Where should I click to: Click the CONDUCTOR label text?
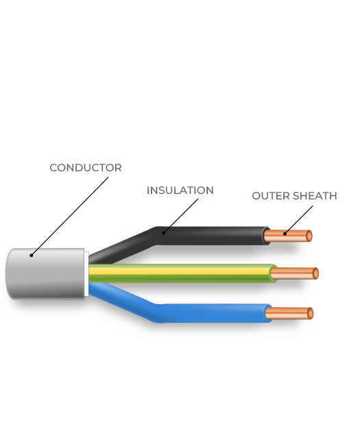[86, 168]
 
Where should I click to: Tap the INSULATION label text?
[180, 190]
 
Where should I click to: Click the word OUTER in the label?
[271, 196]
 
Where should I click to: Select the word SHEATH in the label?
[315, 196]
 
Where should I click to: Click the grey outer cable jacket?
[45, 273]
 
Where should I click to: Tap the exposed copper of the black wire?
[288, 236]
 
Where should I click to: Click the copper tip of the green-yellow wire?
[295, 273]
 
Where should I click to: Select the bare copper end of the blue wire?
[289, 313]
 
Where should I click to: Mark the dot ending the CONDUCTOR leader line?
[32, 256]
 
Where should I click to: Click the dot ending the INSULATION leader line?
[164, 233]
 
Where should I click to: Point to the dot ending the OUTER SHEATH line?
[285, 234]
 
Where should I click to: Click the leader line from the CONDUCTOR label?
[70, 217]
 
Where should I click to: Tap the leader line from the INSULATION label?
[181, 216]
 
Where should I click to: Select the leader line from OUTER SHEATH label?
[299, 220]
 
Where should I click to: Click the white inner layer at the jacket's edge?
[86, 274]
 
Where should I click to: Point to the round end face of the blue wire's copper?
[311, 313]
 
